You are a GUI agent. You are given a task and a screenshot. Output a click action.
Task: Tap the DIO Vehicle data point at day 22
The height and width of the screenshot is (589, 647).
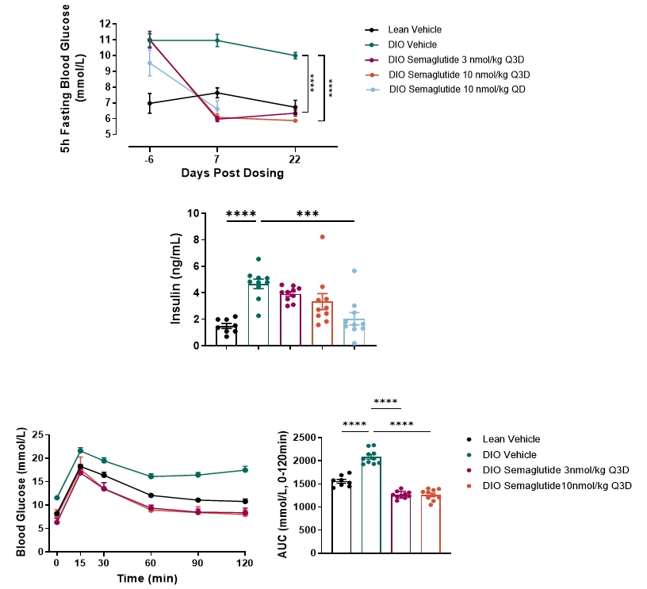click(295, 55)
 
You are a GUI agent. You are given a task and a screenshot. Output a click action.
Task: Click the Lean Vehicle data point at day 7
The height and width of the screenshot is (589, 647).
click(217, 93)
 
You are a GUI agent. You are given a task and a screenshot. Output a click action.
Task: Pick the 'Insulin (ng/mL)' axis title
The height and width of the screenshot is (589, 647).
click(176, 278)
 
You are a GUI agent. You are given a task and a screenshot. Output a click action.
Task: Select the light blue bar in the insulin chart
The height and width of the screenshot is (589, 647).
click(354, 331)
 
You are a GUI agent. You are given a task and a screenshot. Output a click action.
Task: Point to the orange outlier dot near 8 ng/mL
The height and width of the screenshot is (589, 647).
click(323, 237)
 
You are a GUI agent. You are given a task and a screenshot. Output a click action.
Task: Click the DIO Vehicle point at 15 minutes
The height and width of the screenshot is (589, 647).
click(80, 451)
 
